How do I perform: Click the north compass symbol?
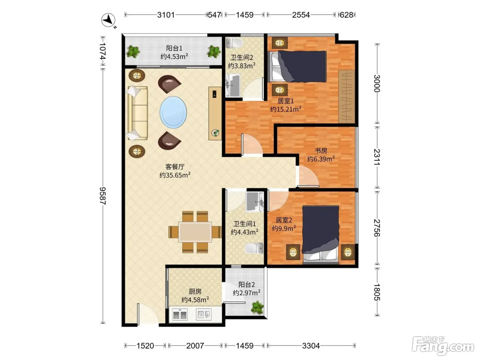[108, 20]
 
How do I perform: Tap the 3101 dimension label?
[166, 15]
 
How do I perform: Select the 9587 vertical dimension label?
[103, 196]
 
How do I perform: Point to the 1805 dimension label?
[377, 292]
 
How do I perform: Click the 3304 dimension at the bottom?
[311, 346]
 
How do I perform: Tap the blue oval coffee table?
[173, 112]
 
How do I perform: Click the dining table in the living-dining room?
[195, 232]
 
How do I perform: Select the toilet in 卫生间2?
[235, 43]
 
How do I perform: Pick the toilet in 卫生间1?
[254, 249]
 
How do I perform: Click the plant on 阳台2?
[257, 308]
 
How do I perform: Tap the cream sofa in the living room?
[137, 113]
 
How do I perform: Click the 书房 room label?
[321, 151]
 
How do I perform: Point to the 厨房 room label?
[195, 291]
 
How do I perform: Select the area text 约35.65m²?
[175, 175]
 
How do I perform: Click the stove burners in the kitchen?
[180, 315]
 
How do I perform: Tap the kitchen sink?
[204, 314]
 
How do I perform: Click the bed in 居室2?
[321, 235]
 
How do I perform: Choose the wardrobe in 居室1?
[347, 96]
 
